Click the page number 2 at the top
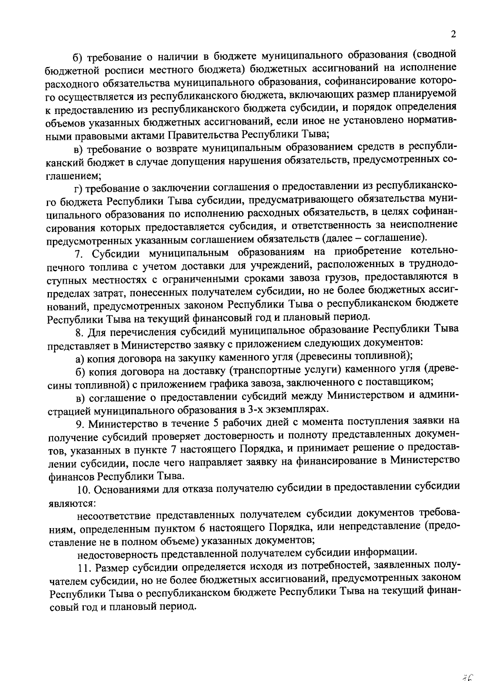(453, 35)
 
